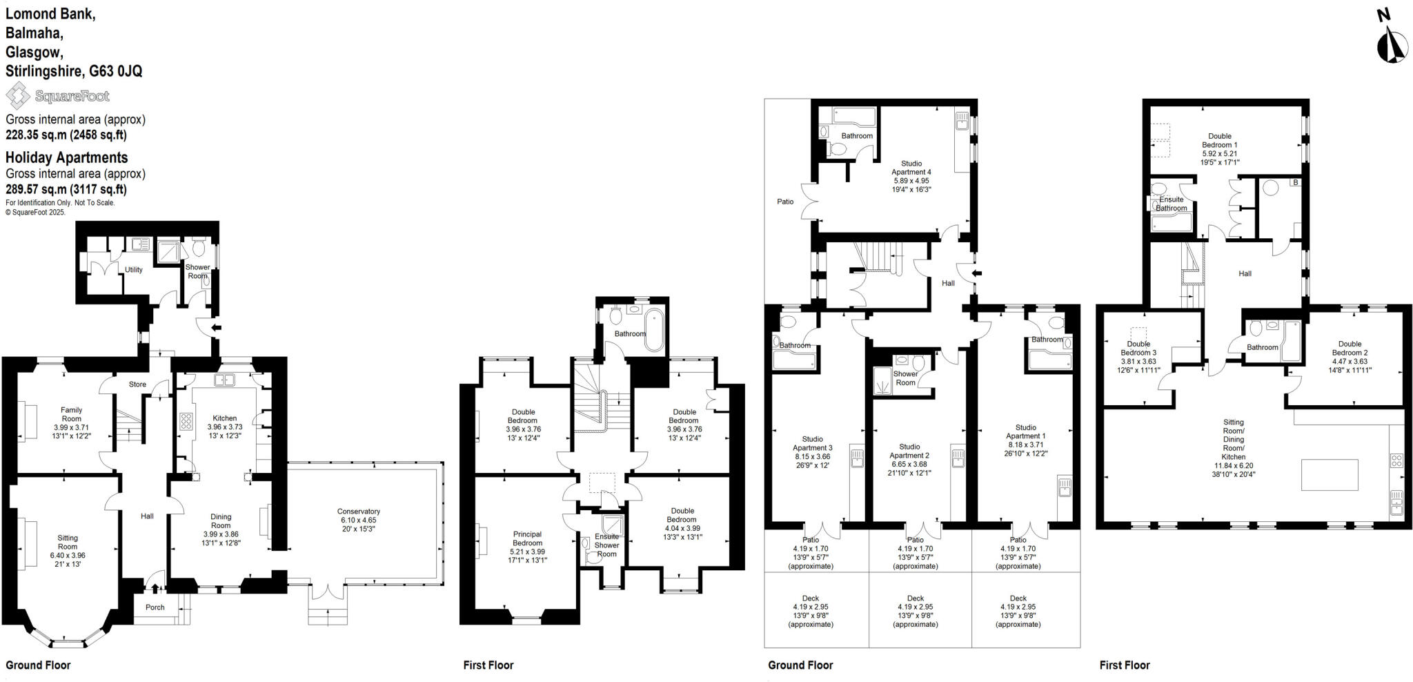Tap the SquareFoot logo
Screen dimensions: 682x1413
(58, 96)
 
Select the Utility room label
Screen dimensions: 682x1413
(134, 270)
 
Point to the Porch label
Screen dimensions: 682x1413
(155, 607)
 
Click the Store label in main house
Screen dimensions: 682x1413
(137, 384)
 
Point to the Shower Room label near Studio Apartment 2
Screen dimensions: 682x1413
(905, 378)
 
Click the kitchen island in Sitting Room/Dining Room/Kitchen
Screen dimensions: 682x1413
(1329, 474)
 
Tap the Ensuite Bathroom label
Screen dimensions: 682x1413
(1171, 204)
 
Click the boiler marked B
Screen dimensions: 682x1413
(1295, 182)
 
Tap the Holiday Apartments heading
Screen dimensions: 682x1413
(66, 157)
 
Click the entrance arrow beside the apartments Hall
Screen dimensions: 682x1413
(976, 273)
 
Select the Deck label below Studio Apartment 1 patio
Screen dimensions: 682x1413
(1018, 598)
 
